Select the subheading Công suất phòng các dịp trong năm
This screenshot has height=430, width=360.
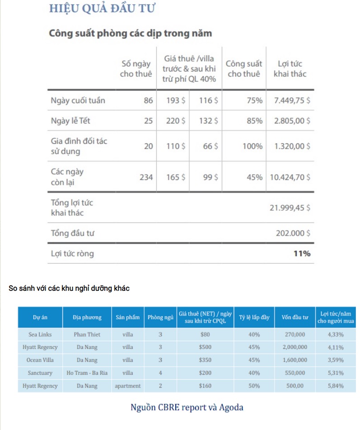coord(131,33)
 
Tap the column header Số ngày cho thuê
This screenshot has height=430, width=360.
coord(136,69)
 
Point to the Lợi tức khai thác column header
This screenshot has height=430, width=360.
coord(290,69)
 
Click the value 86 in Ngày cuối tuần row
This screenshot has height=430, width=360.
coord(148,100)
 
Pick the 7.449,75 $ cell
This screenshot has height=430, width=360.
coord(292,100)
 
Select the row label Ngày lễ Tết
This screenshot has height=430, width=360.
coord(73,121)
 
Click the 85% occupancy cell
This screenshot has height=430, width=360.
coord(254,121)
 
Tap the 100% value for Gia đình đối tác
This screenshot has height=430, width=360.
coord(252,146)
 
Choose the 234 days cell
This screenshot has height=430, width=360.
coord(146,177)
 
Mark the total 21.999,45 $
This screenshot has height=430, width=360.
coord(290,208)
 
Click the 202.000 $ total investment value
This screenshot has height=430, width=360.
coord(293,233)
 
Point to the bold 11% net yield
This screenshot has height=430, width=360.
coord(302,254)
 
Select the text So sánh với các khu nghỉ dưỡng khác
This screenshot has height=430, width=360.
coord(70,288)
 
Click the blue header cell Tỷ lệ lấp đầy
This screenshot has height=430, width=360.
coord(254,317)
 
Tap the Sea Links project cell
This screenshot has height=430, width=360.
coord(40,335)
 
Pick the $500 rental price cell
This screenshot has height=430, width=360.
coord(205,347)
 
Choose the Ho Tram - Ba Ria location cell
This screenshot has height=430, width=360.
coord(87,373)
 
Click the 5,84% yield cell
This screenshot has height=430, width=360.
coord(336,386)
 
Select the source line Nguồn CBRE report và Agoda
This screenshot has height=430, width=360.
coord(187,407)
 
